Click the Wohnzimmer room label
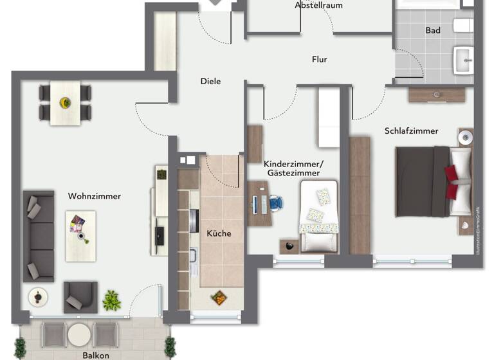coord(94,196)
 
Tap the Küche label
coord(219,233)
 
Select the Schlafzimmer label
coord(411,130)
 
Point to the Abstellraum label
coord(318,5)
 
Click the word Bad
coord(433,30)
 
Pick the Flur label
coord(320,60)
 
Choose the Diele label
coord(210,82)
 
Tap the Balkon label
coord(96,355)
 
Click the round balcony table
coord(80,334)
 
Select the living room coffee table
coord(80,235)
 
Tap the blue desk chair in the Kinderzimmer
coord(276,203)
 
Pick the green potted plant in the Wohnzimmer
coord(111,300)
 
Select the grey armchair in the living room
coord(80,297)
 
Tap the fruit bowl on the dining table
coord(65,102)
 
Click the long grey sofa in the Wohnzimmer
coord(39,235)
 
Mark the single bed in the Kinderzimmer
coord(318,215)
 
